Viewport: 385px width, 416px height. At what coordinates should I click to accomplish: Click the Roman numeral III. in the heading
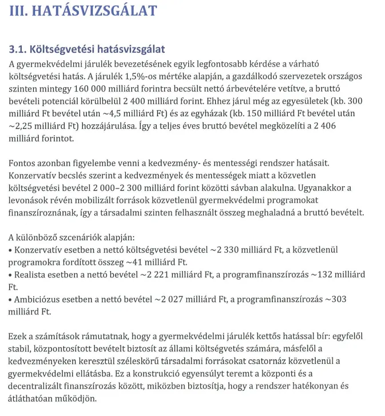[21, 11]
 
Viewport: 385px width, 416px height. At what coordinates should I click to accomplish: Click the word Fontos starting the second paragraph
[23, 163]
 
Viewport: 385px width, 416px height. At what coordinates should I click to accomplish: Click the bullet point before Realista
[11, 275]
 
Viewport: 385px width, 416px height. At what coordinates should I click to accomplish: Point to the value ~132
[322, 275]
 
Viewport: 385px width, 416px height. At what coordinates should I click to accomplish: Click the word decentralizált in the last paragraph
[38, 386]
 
